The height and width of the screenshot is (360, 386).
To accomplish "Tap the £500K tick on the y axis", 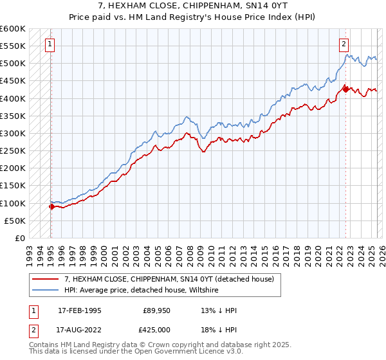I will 13,64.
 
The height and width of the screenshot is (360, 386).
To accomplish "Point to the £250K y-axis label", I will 13,151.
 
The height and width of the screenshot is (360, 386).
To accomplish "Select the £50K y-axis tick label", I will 15,221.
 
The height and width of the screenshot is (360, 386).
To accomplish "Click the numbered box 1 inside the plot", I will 50,44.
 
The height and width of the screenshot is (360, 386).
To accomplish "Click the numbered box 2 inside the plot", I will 344,44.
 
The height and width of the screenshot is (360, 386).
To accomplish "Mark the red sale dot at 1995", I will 51,206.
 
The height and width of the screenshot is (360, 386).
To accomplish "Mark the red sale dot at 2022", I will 345,89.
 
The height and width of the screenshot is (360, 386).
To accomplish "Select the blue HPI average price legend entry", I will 142,291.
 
